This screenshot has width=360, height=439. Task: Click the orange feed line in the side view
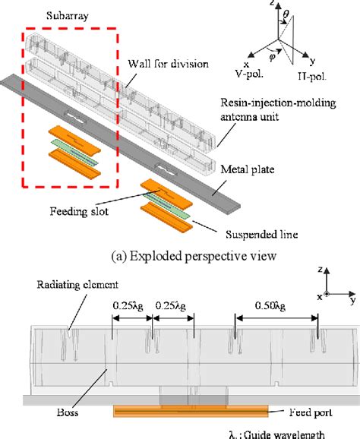tap(190, 410)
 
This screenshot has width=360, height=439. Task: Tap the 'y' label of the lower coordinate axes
tap(353, 301)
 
